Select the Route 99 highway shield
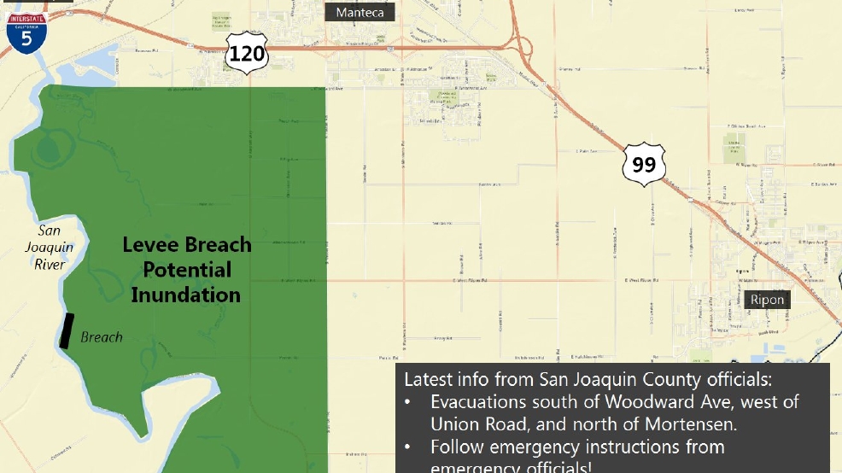click(643, 164)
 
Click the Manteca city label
click(359, 13)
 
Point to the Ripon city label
click(767, 300)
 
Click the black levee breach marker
click(67, 330)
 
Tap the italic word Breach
click(101, 337)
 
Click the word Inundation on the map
click(185, 295)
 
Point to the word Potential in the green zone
click(187, 270)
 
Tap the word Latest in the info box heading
click(425, 378)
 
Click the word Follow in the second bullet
click(455, 447)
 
